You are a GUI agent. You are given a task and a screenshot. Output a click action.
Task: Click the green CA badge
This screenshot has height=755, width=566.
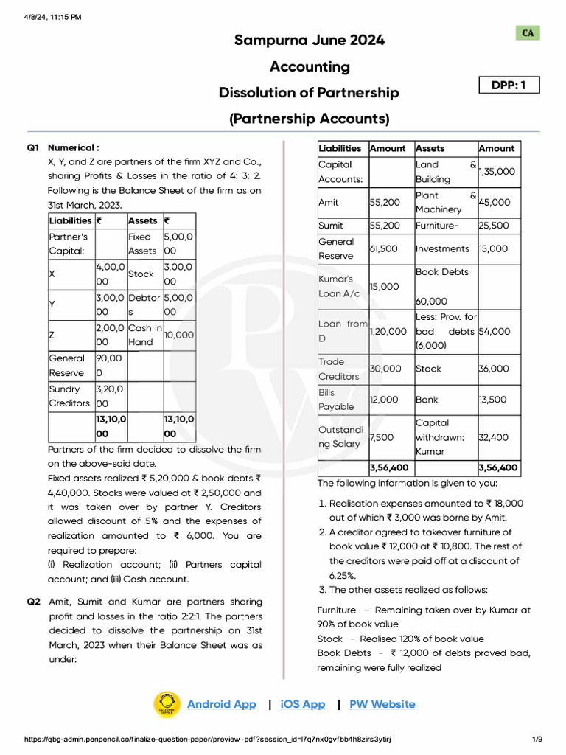point(528,33)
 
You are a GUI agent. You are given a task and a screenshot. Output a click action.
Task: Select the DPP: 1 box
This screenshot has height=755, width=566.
point(509,86)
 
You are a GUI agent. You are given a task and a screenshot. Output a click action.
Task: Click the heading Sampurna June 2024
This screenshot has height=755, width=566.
point(310,41)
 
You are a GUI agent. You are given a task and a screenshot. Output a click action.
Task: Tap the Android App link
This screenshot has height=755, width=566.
point(221,704)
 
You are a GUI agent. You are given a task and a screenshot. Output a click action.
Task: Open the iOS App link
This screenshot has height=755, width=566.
point(302,704)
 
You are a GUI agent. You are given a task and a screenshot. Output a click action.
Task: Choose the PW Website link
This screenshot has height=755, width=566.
point(382,704)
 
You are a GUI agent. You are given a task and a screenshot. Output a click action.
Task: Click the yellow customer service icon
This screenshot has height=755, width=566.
point(167,704)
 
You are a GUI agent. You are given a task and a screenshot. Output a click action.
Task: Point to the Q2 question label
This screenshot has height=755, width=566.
point(34,602)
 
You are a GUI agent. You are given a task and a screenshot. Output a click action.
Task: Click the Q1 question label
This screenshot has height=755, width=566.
point(34,147)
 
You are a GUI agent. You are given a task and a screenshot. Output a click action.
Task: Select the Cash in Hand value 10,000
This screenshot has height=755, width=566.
point(179,335)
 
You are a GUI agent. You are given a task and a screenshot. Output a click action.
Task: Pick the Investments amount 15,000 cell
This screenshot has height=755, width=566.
point(493,249)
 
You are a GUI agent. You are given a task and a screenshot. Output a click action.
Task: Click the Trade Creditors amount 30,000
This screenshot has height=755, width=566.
point(385,369)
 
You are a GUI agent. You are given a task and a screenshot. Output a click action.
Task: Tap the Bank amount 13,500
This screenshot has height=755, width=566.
point(492,400)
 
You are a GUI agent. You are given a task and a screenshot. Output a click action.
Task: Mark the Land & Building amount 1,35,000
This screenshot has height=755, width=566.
point(497,171)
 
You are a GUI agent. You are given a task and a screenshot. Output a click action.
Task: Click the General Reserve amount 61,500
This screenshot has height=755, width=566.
point(384,249)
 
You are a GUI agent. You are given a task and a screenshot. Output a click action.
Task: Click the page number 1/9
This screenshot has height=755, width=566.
point(537,740)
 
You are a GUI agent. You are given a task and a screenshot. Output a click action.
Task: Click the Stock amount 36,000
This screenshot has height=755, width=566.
point(493,369)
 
